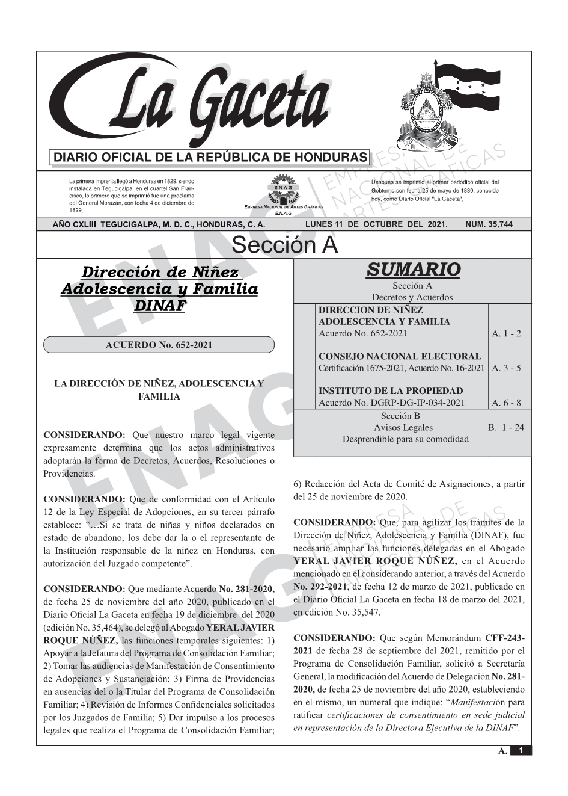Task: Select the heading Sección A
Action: coord(284,245)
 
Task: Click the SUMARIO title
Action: coord(413,270)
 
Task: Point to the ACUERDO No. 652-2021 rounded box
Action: coord(159,345)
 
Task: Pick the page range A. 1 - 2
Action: coord(506,333)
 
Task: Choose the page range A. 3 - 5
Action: coord(506,368)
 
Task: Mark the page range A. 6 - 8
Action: coord(506,403)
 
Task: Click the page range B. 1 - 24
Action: coord(505,427)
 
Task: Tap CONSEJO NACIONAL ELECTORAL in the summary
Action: coord(400,356)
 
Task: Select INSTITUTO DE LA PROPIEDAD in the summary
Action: coord(391,391)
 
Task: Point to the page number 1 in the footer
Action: coord(521,750)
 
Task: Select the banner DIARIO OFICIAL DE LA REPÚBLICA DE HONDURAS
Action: coord(210,158)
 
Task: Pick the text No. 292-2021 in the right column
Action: coord(320,587)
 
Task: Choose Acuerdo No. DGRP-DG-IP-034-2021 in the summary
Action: coord(391,403)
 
